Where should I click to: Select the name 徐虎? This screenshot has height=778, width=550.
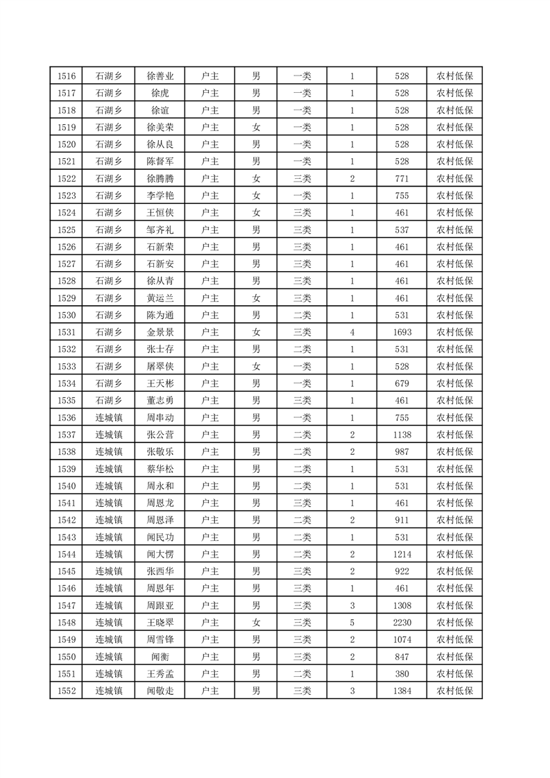[160, 94]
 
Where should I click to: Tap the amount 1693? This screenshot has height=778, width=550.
[402, 333]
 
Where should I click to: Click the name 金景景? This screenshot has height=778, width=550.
[160, 333]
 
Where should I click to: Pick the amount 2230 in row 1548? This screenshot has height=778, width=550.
[402, 623]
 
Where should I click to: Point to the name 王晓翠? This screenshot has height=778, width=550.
[160, 623]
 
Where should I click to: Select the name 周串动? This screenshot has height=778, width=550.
[160, 418]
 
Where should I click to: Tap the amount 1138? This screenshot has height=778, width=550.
[402, 435]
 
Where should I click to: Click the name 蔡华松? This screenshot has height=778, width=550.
[160, 469]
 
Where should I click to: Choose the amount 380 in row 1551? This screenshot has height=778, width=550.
[402, 674]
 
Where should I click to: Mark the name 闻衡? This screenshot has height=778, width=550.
[160, 657]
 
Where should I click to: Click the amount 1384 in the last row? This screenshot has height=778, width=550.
[402, 691]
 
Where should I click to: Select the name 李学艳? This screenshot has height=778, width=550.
[160, 196]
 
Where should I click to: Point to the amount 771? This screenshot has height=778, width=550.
[402, 179]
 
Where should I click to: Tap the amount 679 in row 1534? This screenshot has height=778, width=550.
[402, 384]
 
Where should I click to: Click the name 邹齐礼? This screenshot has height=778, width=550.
[160, 230]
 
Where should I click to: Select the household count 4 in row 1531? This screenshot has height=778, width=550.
[352, 333]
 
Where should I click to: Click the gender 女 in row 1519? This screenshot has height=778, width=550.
[256, 128]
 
